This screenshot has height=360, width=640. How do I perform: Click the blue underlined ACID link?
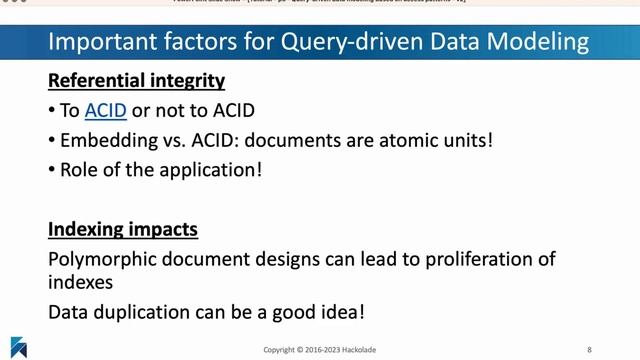click(x=105, y=110)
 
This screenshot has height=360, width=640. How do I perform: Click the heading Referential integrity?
click(x=136, y=79)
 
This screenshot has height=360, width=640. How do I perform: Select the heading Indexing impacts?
click(x=123, y=230)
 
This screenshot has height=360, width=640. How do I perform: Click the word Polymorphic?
click(x=100, y=260)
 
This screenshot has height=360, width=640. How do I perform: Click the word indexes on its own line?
click(x=81, y=282)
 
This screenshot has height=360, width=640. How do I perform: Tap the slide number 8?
click(x=588, y=349)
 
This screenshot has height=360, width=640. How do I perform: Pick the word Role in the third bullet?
click(x=82, y=170)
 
